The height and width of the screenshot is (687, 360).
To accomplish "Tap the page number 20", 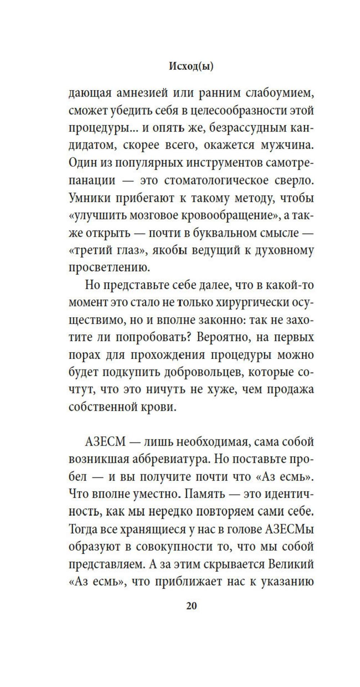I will [191, 606].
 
